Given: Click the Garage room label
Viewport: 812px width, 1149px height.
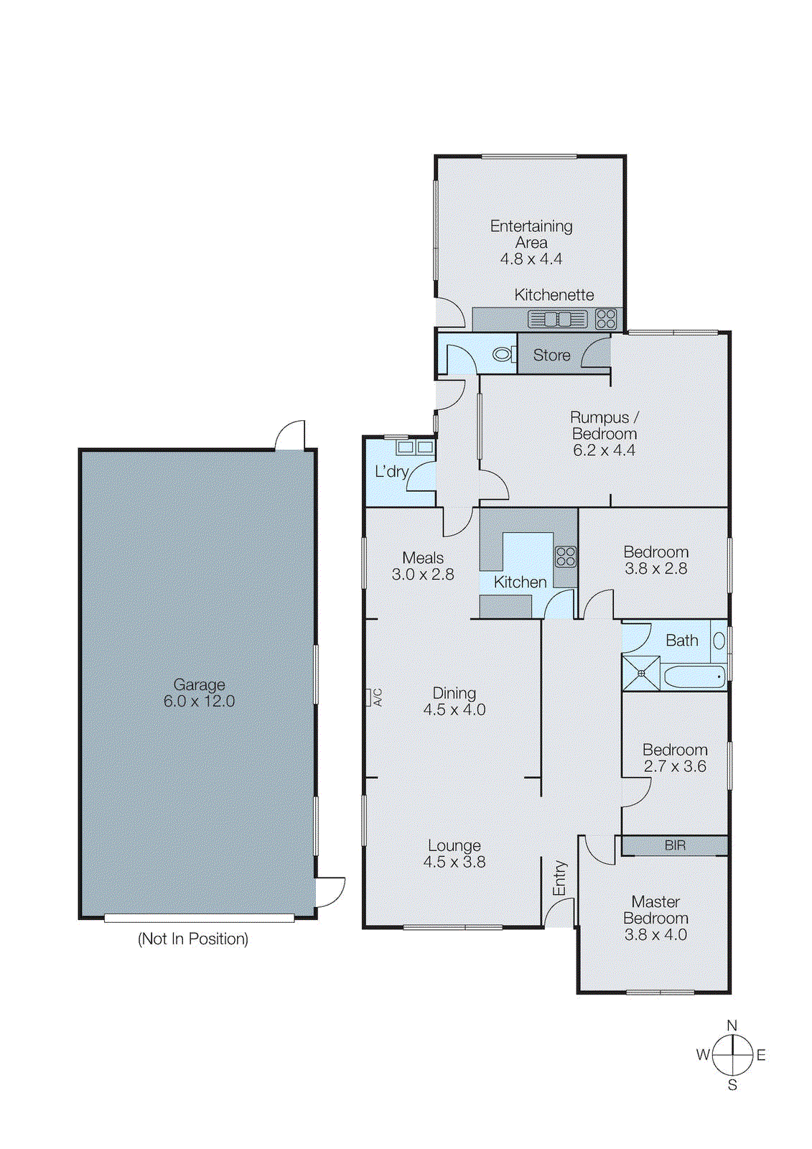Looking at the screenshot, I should (199, 684).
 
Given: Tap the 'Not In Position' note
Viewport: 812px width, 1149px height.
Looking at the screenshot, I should (193, 939).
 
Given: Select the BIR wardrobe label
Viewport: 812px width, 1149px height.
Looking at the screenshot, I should (675, 845).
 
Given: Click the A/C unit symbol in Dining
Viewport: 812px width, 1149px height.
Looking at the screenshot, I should (369, 697).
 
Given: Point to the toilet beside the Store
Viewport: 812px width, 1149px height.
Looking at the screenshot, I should (503, 354).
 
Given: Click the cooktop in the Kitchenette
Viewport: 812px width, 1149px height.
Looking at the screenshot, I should (606, 318).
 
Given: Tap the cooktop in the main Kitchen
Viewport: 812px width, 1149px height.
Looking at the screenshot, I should (565, 557).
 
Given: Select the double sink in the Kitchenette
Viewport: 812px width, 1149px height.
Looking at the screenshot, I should (558, 319).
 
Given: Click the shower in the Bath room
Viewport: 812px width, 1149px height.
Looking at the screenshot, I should (640, 673).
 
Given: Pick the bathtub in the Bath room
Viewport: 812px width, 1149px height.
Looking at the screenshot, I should (694, 676).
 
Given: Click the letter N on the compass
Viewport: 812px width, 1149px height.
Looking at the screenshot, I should (732, 1025).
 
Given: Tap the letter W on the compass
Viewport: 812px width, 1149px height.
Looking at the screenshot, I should (703, 1055).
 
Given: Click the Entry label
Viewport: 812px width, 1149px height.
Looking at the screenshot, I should (559, 878).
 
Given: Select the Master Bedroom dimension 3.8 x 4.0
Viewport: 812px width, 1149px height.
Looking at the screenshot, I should (655, 935).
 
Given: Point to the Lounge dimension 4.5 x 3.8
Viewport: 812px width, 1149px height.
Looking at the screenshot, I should (454, 862).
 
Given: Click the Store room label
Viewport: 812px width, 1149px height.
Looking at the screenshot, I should (551, 355).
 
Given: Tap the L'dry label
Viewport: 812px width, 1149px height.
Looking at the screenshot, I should (391, 471).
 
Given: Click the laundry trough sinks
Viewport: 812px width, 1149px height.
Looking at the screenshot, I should (415, 447).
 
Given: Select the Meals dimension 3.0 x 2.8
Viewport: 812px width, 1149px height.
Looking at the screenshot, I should (423, 574).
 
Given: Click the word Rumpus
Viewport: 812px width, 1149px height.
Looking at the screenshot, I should (599, 417).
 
